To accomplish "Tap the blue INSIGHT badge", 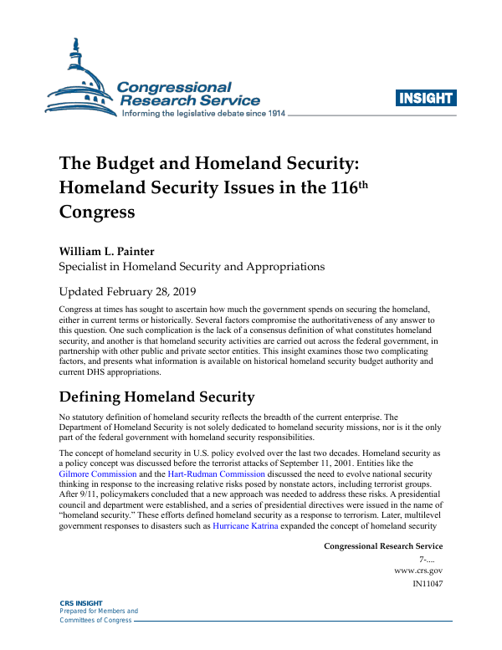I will pos(426,98).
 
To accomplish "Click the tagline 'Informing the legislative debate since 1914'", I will pos(204,113).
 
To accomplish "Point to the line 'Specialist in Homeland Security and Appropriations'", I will pos(192,267).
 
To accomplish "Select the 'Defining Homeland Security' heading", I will pos(156,396).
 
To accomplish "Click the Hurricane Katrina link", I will pos(245,527).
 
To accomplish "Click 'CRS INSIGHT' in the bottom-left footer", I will pos(81,602).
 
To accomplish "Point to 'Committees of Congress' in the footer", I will pos(93,620).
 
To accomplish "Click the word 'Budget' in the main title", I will pos(128,163).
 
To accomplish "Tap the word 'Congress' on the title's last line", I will pos(97,212).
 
